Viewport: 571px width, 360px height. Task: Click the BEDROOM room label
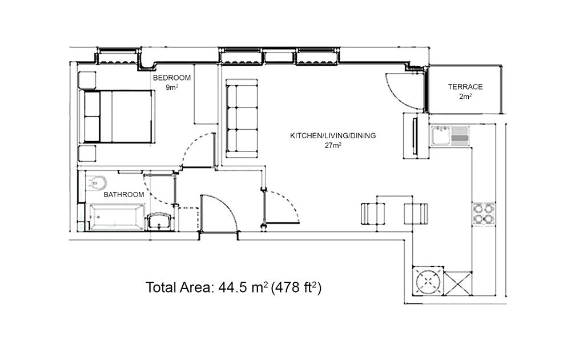click(171, 78)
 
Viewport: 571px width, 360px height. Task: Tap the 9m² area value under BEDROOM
click(172, 87)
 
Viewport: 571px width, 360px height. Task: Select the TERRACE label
click(465, 87)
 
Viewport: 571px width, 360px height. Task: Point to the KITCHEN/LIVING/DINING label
click(333, 135)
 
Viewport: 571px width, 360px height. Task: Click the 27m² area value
click(333, 145)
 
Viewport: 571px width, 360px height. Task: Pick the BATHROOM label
click(124, 195)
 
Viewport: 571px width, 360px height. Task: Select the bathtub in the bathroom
click(117, 217)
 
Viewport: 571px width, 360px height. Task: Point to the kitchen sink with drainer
click(450, 136)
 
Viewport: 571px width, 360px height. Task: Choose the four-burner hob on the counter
click(484, 214)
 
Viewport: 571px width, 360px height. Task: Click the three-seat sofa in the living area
click(242, 119)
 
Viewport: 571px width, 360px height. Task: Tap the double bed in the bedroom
click(117, 117)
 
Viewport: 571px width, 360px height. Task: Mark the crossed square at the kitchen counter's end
click(458, 283)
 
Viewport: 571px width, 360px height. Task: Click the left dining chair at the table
click(373, 214)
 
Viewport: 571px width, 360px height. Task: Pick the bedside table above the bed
click(87, 80)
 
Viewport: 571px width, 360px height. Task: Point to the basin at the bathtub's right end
click(159, 221)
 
